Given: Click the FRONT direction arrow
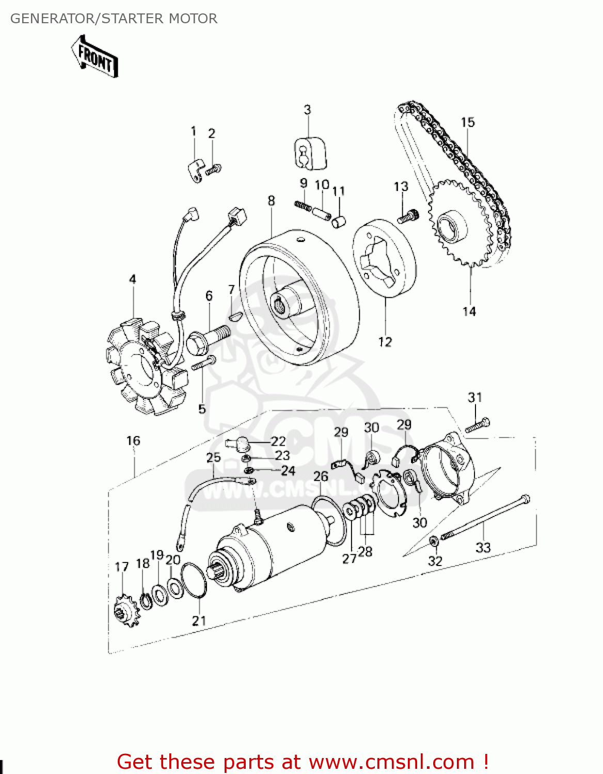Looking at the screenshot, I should coord(94,57).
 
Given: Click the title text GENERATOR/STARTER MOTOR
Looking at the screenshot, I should coord(114,19).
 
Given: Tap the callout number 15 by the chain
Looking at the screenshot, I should coord(467,122).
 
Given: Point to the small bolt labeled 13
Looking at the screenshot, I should coord(407,216).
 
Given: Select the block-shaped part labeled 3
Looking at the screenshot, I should coord(310,153).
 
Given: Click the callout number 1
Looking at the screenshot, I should coord(194,131).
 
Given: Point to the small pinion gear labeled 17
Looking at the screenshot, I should coord(125,612).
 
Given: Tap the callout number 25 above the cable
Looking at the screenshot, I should coord(213,457).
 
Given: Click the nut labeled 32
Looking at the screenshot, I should coord(434,541).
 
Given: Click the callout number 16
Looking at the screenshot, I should coord(133,441).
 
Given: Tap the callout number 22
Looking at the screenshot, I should coord(278,441).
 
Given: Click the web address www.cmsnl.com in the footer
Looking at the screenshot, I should coord(391,762).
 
